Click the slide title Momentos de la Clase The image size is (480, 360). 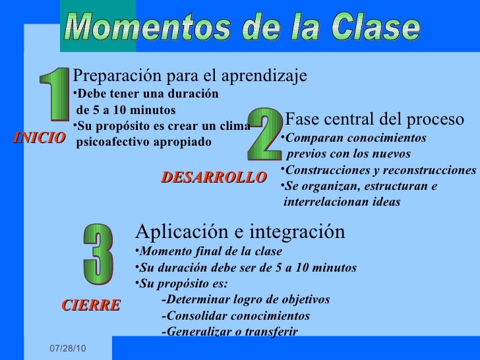[x=242, y=28]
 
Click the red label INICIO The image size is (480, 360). [x=39, y=138]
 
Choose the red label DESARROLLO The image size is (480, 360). [x=214, y=177]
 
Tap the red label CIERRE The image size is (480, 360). [x=91, y=305]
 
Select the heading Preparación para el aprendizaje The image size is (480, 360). [x=190, y=76]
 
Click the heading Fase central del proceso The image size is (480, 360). [x=375, y=120]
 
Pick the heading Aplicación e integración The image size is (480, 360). [x=240, y=231]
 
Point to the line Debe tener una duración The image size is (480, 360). [x=148, y=94]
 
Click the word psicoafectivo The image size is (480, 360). [x=115, y=142]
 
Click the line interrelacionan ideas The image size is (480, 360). [x=342, y=202]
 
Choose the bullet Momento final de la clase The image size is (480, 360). [x=210, y=251]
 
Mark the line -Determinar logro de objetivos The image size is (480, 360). [x=245, y=299]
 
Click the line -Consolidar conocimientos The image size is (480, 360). [x=235, y=315]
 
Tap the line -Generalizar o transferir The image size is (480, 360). [x=229, y=331]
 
